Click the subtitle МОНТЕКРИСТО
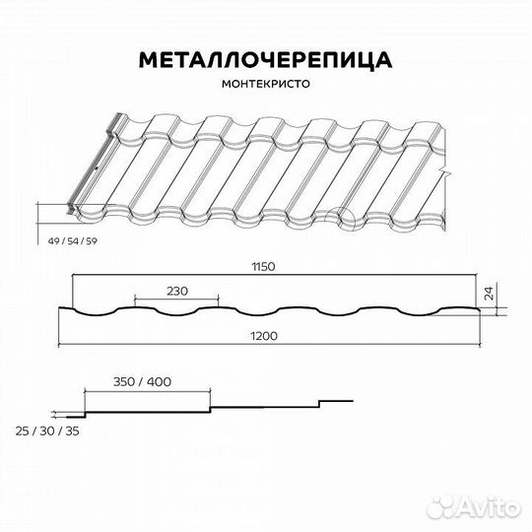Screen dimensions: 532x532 tap(266, 85)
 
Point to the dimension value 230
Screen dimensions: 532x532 tap(177, 291)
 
